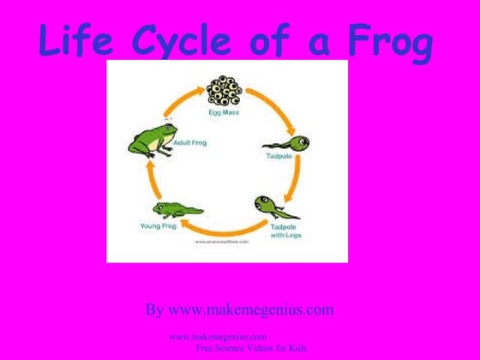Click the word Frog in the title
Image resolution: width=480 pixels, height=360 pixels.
click(x=390, y=42)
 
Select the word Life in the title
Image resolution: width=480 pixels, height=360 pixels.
click(x=78, y=42)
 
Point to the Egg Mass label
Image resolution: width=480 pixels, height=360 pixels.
click(x=226, y=111)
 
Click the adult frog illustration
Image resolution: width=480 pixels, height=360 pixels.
click(x=148, y=139)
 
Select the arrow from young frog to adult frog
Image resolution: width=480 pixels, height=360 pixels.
click(x=147, y=177)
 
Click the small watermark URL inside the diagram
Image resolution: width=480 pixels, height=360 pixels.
click(x=221, y=243)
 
